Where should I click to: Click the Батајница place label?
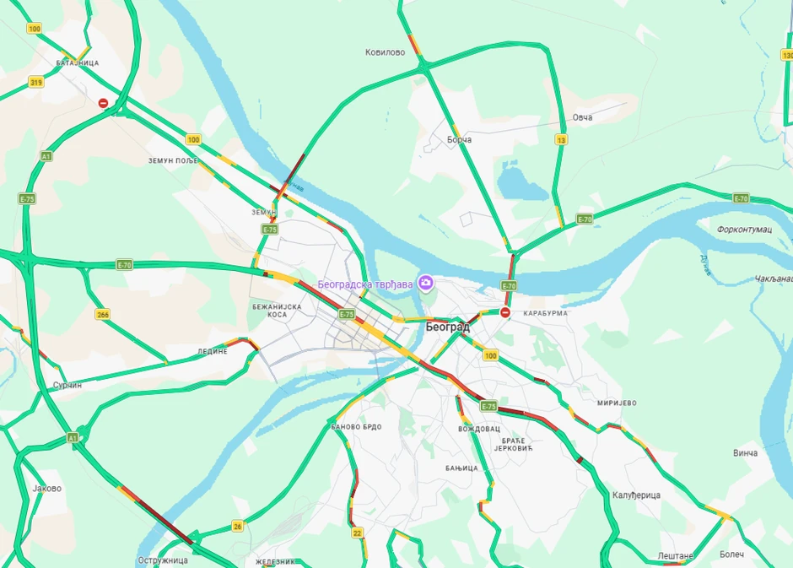[x=77, y=63]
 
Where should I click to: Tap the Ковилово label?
[x=385, y=52]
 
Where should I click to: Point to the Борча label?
[x=459, y=139]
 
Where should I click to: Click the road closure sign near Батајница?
[x=103, y=103]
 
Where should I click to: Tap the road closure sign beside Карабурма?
[x=505, y=312]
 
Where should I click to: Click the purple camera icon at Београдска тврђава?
[x=426, y=283]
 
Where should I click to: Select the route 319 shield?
[x=36, y=82]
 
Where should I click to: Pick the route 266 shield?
[x=103, y=314]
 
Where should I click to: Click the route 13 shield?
[x=562, y=139]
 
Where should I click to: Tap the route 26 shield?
[x=238, y=526]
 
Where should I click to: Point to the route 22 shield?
[x=358, y=533]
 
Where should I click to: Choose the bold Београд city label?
[x=447, y=327]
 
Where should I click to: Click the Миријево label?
[x=616, y=403]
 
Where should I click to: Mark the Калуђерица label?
[x=636, y=495]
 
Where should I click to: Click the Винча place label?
[x=745, y=453]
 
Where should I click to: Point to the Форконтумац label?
[x=745, y=230]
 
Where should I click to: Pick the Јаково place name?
[x=46, y=488]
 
